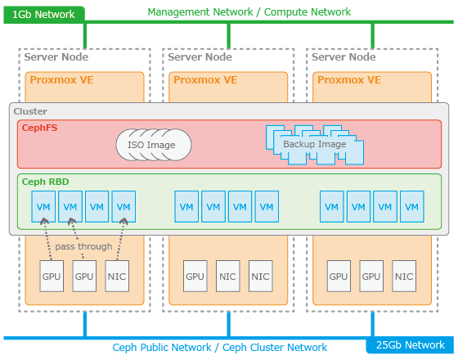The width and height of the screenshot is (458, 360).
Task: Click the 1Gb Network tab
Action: (x=44, y=15)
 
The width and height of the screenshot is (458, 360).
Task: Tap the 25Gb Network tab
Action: (x=410, y=345)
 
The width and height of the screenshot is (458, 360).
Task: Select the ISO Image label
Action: (x=151, y=145)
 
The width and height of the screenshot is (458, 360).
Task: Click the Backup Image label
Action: (x=315, y=144)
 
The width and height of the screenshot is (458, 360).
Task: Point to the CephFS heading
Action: (x=40, y=128)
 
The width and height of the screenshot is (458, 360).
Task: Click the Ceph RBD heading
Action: (x=46, y=182)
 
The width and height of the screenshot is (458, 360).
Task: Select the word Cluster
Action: (x=30, y=111)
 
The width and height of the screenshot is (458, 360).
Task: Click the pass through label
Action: (x=83, y=246)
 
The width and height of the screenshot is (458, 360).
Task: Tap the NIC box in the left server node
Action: (x=117, y=277)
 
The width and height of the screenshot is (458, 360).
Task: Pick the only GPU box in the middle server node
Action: (x=195, y=277)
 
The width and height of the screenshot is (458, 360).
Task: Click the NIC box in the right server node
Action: (x=404, y=277)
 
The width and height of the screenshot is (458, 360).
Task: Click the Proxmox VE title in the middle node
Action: (x=205, y=80)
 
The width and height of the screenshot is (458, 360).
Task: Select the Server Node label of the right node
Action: (x=343, y=57)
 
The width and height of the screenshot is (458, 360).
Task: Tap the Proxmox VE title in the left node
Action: (x=61, y=80)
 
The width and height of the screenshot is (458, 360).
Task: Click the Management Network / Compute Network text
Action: (x=249, y=12)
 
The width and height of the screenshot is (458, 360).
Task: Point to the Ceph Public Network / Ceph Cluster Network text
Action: (x=220, y=348)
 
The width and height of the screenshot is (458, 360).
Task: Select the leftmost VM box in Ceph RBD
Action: (x=43, y=206)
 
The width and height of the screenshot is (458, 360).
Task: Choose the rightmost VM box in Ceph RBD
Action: (x=412, y=206)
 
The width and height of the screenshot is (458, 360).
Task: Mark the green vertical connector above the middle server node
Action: (x=229, y=36)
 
